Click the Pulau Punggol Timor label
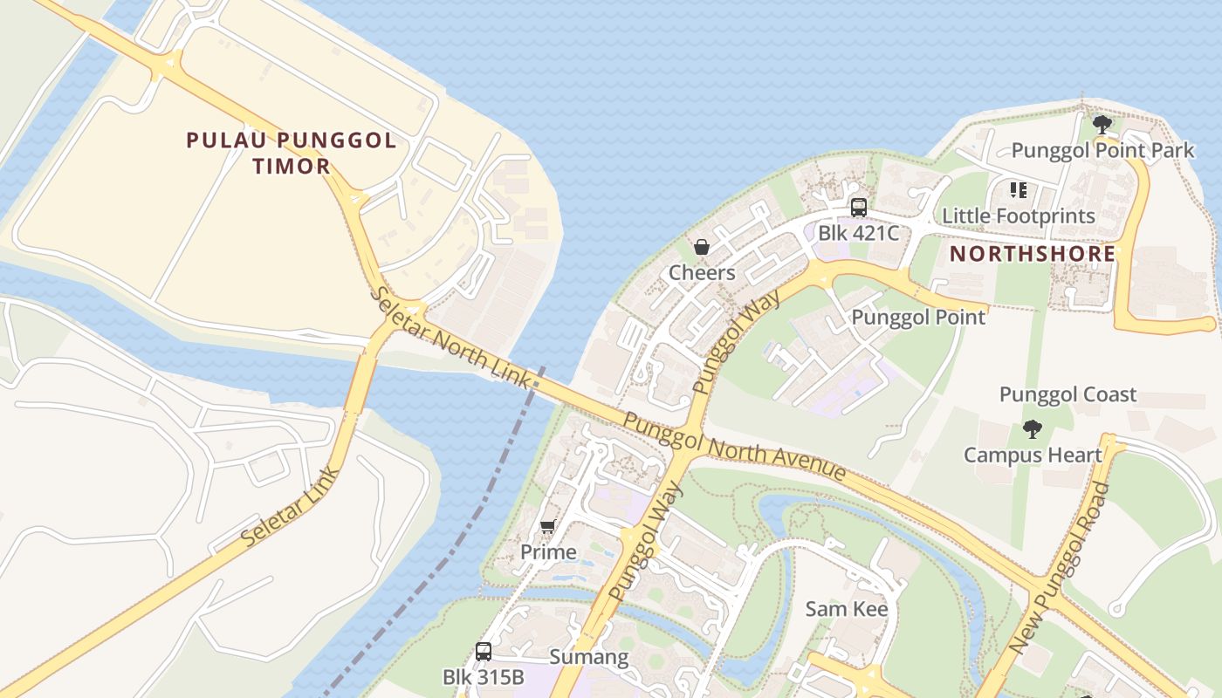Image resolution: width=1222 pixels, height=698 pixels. click(x=292, y=153)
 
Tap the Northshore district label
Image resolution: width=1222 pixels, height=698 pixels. click(x=1033, y=254)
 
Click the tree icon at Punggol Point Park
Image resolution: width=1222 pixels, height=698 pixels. click(x=1102, y=124)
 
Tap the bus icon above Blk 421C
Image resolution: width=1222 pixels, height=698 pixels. click(x=859, y=208)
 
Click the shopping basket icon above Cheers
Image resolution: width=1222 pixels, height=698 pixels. click(x=702, y=247)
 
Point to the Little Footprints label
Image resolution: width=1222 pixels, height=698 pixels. click(x=1018, y=216)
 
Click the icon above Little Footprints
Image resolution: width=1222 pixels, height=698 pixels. click(x=1018, y=189)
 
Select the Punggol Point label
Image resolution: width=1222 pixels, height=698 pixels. click(x=918, y=318)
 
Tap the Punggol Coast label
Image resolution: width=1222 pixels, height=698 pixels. click(x=1068, y=394)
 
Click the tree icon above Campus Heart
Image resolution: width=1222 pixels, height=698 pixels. click(x=1033, y=428)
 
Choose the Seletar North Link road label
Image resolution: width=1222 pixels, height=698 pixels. click(x=452, y=337)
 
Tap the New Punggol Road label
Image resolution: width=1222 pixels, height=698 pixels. click(x=1059, y=567)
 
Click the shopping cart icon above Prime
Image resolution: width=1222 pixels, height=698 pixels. click(x=547, y=526)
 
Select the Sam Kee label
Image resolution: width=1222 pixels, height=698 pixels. click(x=846, y=609)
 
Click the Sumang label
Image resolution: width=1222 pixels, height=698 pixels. click(x=588, y=657)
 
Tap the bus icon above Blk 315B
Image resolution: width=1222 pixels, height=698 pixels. click(x=484, y=651)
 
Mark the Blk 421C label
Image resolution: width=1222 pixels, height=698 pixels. click(x=858, y=233)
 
